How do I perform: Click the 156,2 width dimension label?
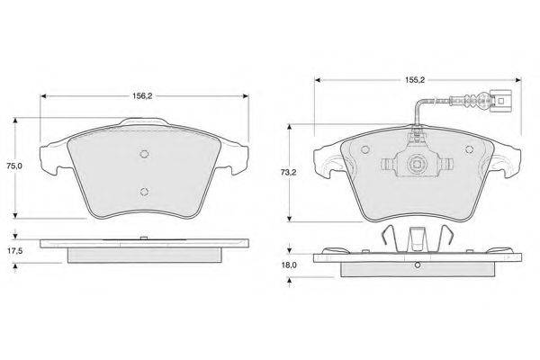(x=142, y=96)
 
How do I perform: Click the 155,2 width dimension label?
(x=415, y=80)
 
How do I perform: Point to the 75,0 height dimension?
(x=14, y=166)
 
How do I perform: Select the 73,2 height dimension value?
(x=289, y=173)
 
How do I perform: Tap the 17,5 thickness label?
(x=14, y=251)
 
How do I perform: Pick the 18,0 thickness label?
(x=289, y=265)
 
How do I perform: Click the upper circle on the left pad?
(x=145, y=154)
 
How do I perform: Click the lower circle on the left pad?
(x=145, y=192)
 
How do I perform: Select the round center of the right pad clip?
(x=416, y=164)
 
